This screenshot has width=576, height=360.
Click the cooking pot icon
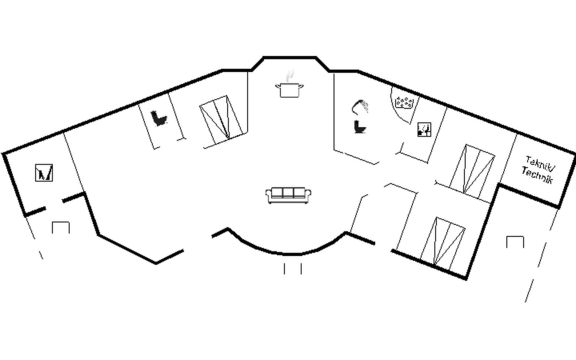click(289, 90)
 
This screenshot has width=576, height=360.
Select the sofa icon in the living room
click(288, 195)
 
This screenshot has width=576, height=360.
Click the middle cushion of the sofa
click(288, 193)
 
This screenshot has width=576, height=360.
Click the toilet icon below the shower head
click(360, 127)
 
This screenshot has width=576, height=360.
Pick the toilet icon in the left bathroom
click(158, 118)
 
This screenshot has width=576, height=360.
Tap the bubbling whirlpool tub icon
click(404, 102)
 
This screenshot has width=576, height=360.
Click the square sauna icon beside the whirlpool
click(424, 130)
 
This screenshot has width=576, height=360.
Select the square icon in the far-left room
click(44, 172)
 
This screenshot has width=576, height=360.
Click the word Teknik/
click(540, 163)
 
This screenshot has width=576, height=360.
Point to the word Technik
click(537, 175)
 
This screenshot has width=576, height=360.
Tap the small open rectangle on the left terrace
click(61, 227)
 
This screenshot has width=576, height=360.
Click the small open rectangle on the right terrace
click(515, 242)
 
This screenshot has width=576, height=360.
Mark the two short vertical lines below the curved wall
click(292, 268)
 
